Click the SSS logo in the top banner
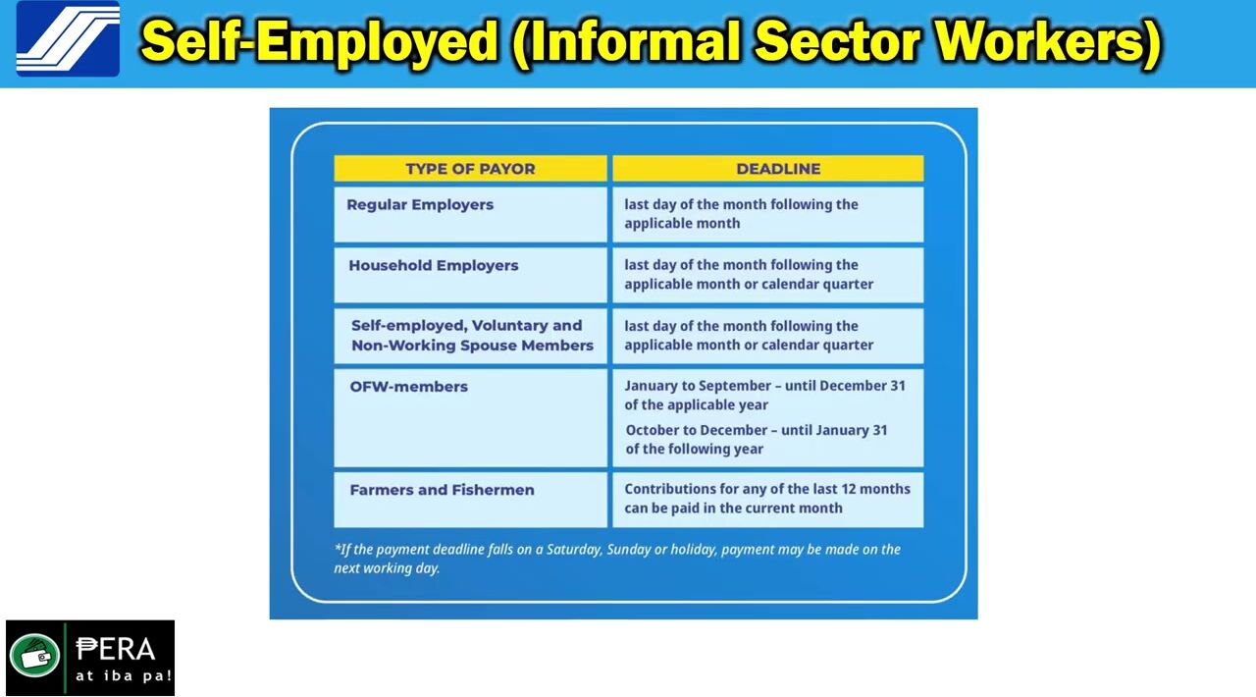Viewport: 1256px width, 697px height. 68,39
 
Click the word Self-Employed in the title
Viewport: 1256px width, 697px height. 319,40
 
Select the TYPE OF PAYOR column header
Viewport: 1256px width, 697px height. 470,169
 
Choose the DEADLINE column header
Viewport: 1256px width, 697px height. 778,169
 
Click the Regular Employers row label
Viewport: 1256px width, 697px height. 420,205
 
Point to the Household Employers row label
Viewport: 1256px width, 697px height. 434,265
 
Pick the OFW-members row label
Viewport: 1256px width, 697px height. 409,387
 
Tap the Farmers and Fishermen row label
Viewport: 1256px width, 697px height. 442,490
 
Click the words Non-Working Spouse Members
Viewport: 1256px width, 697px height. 472,346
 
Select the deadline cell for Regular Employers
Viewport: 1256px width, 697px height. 768,214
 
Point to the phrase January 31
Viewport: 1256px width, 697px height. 852,430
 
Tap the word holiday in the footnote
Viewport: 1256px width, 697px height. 697,550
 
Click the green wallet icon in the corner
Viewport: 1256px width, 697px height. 35,656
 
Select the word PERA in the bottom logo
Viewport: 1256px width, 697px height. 116,649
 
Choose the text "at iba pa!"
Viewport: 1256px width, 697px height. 124,675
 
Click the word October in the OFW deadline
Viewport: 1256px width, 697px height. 653,430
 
